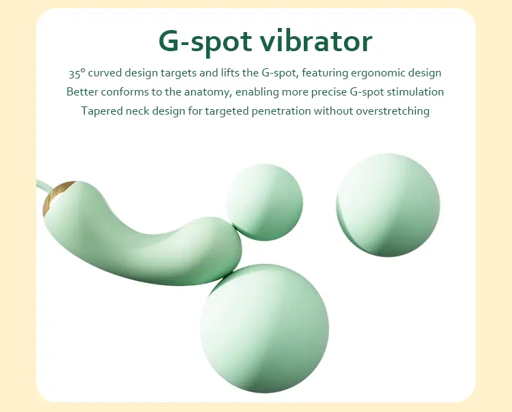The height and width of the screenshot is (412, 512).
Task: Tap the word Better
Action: pyautogui.click(x=82, y=91)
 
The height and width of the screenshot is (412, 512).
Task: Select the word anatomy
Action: pyautogui.click(x=205, y=91)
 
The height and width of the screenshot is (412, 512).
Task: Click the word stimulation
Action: pyautogui.click(x=416, y=91)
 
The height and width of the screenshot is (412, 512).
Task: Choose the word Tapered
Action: pyautogui.click(x=101, y=111)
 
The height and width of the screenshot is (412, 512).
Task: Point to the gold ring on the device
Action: pyautogui.click(x=55, y=198)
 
